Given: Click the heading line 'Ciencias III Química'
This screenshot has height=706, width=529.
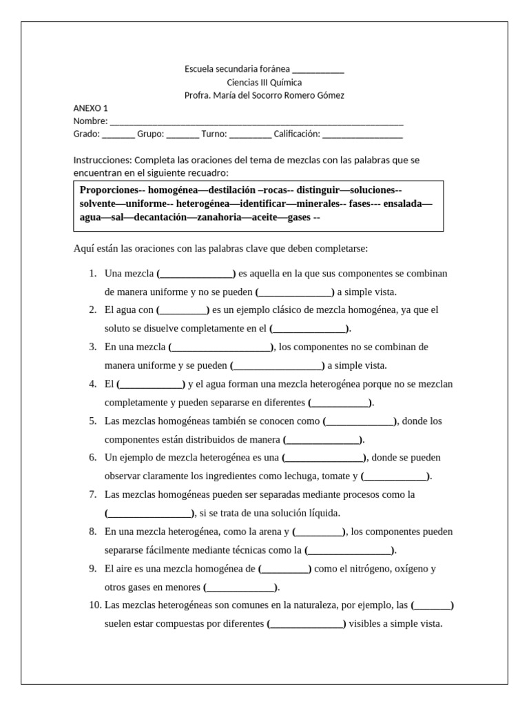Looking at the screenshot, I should (x=264, y=82).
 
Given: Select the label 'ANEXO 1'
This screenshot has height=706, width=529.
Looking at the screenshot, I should (x=90, y=108).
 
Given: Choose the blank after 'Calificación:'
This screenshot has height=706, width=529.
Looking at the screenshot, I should (x=362, y=134).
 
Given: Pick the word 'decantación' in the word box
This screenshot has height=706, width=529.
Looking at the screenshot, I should (x=160, y=217).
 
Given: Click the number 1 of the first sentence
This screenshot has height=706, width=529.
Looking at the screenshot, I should (x=92, y=274).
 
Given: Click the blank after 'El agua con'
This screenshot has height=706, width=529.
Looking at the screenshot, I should (x=183, y=310).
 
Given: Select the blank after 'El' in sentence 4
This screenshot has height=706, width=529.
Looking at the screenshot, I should (x=151, y=384).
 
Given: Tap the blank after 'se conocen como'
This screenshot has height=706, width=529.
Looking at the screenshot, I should (x=360, y=421).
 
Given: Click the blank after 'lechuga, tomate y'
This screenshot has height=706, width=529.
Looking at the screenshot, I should (x=396, y=476).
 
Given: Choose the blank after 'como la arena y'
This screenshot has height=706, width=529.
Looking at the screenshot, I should (x=319, y=532).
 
